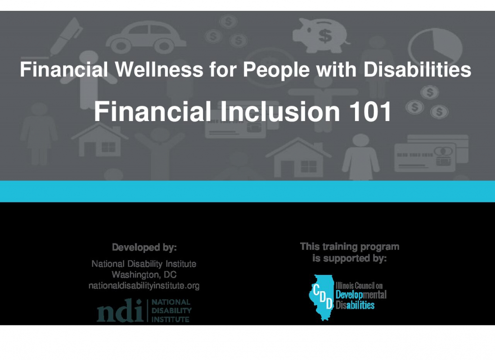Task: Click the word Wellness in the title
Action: pos(159,69)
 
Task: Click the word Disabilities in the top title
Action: pos(417,69)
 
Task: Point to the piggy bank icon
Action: pos(320,35)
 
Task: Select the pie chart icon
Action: pos(435,47)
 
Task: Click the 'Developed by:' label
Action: pos(144,247)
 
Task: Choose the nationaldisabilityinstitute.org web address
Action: pos(144,286)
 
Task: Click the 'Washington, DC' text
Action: pos(144,274)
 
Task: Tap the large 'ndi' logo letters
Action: pos(120,311)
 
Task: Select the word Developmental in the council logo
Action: pos(361,295)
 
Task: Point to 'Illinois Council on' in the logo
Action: pos(359,286)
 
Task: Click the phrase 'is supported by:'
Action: pos(350,258)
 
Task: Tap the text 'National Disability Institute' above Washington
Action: pos(144,264)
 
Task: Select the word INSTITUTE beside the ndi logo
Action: pos(171,319)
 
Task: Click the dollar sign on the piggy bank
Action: pos(325,36)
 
